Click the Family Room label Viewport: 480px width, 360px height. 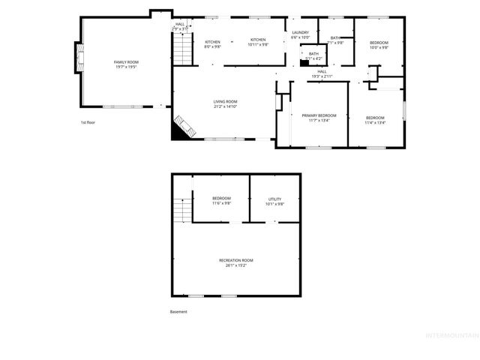[x=126, y=61]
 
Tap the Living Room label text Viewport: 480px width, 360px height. [x=225, y=101]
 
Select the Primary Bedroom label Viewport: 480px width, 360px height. [x=319, y=115]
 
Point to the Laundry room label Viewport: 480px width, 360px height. [x=301, y=32]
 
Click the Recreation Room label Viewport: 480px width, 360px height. [x=236, y=259]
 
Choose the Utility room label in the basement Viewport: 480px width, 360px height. [x=274, y=199]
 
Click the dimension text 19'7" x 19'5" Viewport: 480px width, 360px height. [x=126, y=67]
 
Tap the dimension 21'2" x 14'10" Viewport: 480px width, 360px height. [x=225, y=106]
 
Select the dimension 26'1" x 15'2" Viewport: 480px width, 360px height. [x=236, y=265]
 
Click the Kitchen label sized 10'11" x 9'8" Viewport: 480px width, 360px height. [x=258, y=40]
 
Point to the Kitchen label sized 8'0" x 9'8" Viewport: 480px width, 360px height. [x=213, y=42]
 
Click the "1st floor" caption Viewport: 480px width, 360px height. [x=88, y=121]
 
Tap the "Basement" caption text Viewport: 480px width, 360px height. [x=178, y=311]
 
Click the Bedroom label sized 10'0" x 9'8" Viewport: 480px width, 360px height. [x=379, y=43]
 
